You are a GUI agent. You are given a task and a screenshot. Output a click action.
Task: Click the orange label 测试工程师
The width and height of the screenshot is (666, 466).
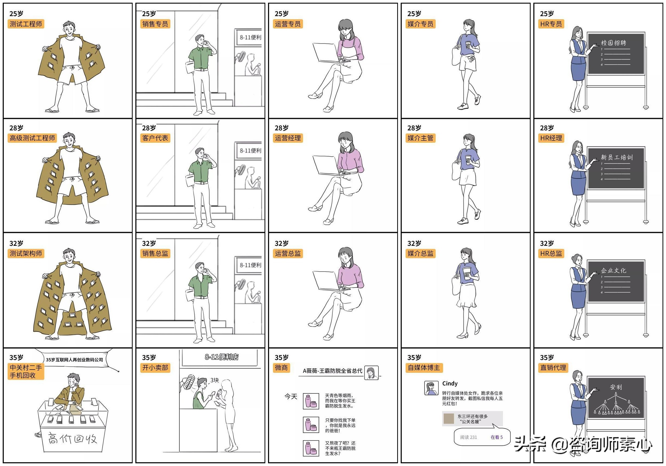pyautogui.click(x=26, y=24)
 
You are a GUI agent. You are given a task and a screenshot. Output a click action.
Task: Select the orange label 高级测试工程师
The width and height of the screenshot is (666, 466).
pyautogui.click(x=32, y=138)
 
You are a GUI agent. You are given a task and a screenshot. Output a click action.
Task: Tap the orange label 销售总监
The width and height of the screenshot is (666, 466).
pyautogui.click(x=155, y=253)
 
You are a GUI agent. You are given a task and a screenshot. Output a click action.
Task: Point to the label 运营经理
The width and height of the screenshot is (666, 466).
pyautogui.click(x=288, y=138)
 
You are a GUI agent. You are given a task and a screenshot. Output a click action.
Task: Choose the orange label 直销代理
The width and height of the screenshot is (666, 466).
pyautogui.click(x=553, y=368)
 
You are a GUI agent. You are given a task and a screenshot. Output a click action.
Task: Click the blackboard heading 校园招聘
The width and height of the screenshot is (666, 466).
pyautogui.click(x=613, y=43)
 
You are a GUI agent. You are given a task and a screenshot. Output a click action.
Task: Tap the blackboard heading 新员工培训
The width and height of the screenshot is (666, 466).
pyautogui.click(x=617, y=157)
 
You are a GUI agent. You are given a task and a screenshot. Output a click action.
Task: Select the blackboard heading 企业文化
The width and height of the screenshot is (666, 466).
pyautogui.click(x=613, y=271)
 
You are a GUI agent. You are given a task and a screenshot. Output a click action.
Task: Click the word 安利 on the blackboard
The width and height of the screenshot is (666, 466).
pyautogui.click(x=616, y=387)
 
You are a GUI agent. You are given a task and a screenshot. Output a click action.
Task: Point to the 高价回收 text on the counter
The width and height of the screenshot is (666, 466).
pyautogui.click(x=72, y=439)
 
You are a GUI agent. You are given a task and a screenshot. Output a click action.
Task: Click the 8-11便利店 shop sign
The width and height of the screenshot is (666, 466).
pyautogui.click(x=222, y=357)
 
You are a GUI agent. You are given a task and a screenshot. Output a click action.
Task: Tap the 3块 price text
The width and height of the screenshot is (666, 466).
pyautogui.click(x=214, y=380)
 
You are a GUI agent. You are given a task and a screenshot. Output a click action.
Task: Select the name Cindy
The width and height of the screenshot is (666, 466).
pyautogui.click(x=450, y=384)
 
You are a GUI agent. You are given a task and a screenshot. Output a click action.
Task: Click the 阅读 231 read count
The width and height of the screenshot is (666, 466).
pyautogui.click(x=468, y=437)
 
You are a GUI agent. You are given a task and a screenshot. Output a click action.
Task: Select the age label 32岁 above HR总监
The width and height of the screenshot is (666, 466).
pyautogui.click(x=547, y=243)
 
